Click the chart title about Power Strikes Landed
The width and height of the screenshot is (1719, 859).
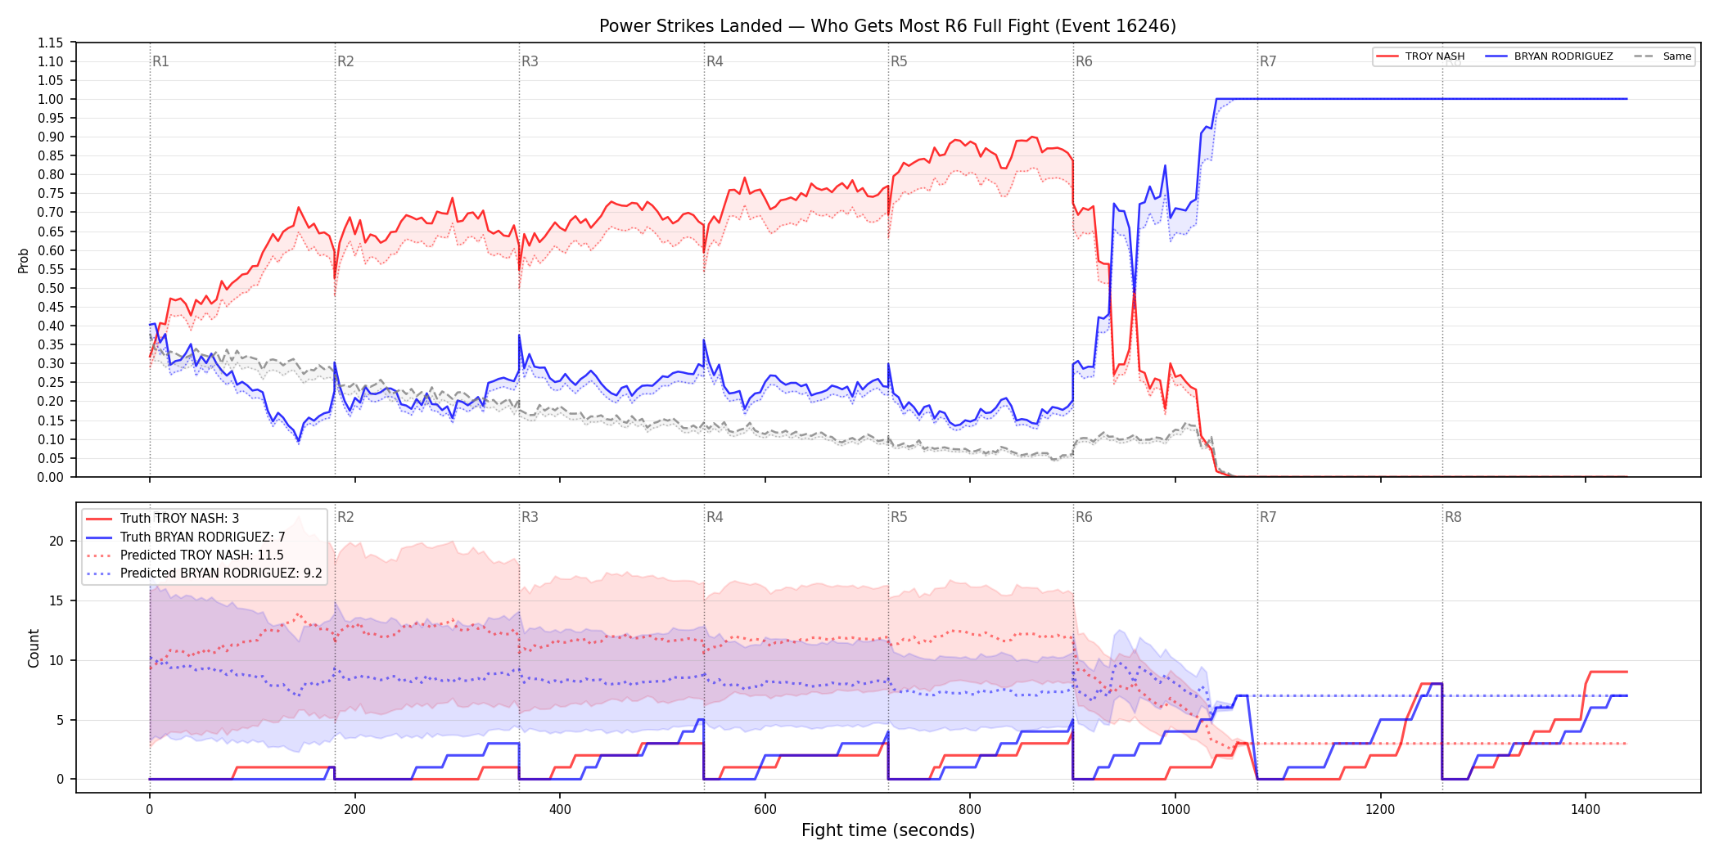point(887,26)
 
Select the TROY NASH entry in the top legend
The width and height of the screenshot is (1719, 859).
point(1420,56)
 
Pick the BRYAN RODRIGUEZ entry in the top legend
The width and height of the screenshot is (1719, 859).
point(1549,56)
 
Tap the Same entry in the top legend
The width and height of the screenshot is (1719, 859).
point(1663,56)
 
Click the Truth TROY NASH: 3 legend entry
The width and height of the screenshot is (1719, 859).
point(163,519)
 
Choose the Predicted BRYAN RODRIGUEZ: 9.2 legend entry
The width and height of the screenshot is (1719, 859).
point(204,573)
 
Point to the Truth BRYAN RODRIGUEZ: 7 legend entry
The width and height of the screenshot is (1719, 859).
point(186,537)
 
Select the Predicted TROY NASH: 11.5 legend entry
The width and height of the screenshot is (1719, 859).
point(185,555)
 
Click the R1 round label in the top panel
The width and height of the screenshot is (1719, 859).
point(160,61)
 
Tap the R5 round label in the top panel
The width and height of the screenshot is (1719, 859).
point(899,61)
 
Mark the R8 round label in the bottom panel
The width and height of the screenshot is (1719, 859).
point(1453,517)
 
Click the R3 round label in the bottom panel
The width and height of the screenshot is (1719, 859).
point(530,517)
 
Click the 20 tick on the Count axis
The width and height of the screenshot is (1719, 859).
point(56,541)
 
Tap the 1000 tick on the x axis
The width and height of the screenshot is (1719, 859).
point(1175,810)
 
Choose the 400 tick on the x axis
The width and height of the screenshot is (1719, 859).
point(560,810)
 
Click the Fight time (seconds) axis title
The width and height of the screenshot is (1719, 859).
point(888,830)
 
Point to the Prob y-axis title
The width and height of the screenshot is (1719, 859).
point(24,260)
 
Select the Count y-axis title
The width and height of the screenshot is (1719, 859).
point(34,648)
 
